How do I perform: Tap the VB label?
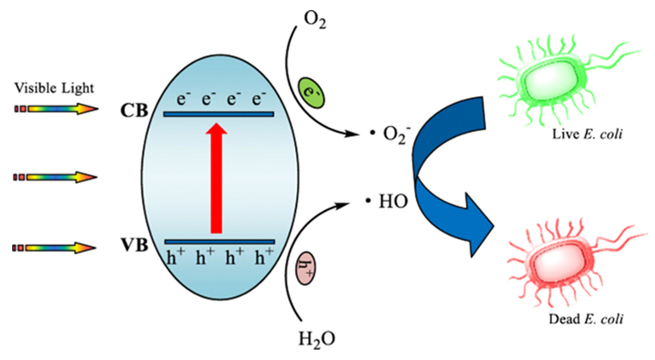click(x=134, y=245)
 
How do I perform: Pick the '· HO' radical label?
click(x=382, y=203)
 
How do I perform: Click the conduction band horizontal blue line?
click(x=218, y=113)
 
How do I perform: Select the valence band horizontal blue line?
click(x=218, y=242)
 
